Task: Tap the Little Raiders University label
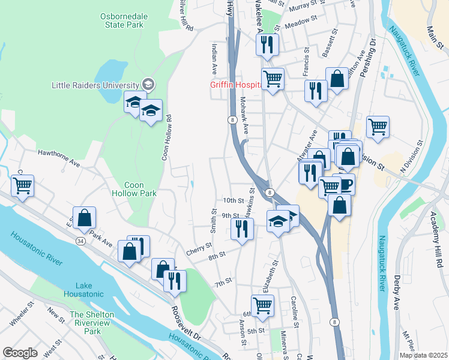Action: [96, 85]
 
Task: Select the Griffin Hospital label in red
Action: [235, 85]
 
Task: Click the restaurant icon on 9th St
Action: [242, 229]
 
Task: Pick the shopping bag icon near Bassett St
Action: [337, 78]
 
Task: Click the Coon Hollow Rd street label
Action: [166, 138]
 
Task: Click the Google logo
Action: [20, 353]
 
